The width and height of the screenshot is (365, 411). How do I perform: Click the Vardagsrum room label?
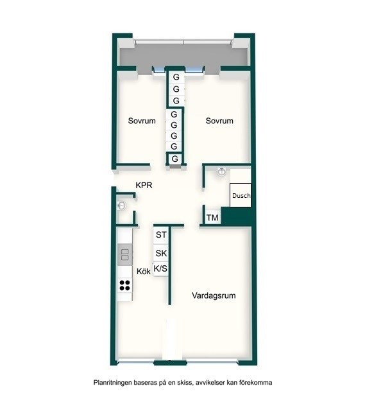(x=214, y=295)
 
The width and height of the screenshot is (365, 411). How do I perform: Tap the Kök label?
(x=144, y=271)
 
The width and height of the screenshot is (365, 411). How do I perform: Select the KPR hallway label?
(x=144, y=186)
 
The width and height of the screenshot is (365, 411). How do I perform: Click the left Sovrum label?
(x=142, y=121)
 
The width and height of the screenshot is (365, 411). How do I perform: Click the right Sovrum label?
(x=219, y=121)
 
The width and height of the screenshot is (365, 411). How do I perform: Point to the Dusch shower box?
(x=241, y=195)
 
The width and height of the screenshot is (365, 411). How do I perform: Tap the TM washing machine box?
(x=212, y=218)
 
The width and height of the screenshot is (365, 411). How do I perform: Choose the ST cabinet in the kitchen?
(x=161, y=235)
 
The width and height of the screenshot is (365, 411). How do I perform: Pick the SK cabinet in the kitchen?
(x=161, y=253)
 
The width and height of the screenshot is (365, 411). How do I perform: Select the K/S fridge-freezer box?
(x=160, y=268)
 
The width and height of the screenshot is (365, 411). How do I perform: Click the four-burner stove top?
(x=124, y=285)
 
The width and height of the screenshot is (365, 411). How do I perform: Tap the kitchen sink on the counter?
(x=125, y=254)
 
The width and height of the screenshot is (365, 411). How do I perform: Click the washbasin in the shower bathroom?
(x=222, y=171)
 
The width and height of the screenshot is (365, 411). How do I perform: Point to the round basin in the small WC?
(x=121, y=205)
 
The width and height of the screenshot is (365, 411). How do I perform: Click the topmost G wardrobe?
(x=176, y=77)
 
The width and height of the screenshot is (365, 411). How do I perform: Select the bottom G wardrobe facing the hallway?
(x=175, y=159)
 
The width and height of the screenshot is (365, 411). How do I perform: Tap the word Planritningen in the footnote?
(x=113, y=383)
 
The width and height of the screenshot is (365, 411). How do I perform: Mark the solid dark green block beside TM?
(x=237, y=216)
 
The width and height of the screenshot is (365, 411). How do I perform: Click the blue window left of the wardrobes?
(x=159, y=70)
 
